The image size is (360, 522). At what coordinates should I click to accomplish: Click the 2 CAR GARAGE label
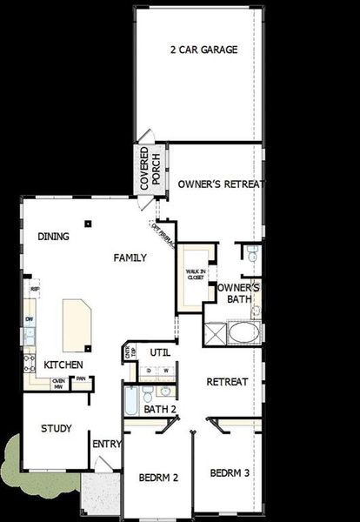tap(203, 50)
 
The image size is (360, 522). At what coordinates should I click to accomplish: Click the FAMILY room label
tap(130, 258)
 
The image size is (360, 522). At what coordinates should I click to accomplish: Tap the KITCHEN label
tap(63, 365)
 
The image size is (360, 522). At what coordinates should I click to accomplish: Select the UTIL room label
tap(159, 352)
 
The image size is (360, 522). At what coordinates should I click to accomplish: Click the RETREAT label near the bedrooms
tap(228, 382)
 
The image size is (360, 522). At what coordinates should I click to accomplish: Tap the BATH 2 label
tap(161, 409)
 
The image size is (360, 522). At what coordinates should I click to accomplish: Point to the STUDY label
tap(56, 428)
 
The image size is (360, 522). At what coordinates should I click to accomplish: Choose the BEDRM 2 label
tap(158, 478)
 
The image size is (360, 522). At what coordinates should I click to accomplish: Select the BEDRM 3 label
tap(230, 473)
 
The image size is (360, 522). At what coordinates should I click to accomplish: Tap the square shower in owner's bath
tap(215, 335)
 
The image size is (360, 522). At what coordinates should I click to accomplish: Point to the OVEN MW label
tap(58, 383)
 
